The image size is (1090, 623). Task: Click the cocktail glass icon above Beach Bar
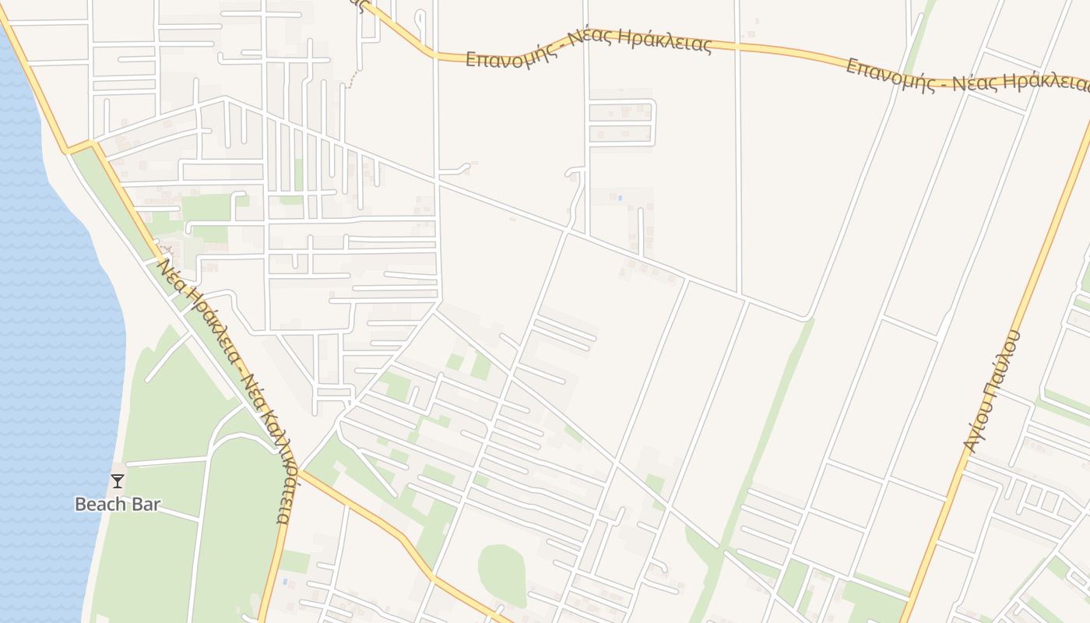click(x=118, y=480)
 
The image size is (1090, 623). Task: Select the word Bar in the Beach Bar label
click(x=146, y=505)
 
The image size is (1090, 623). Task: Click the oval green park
click(x=501, y=575)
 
